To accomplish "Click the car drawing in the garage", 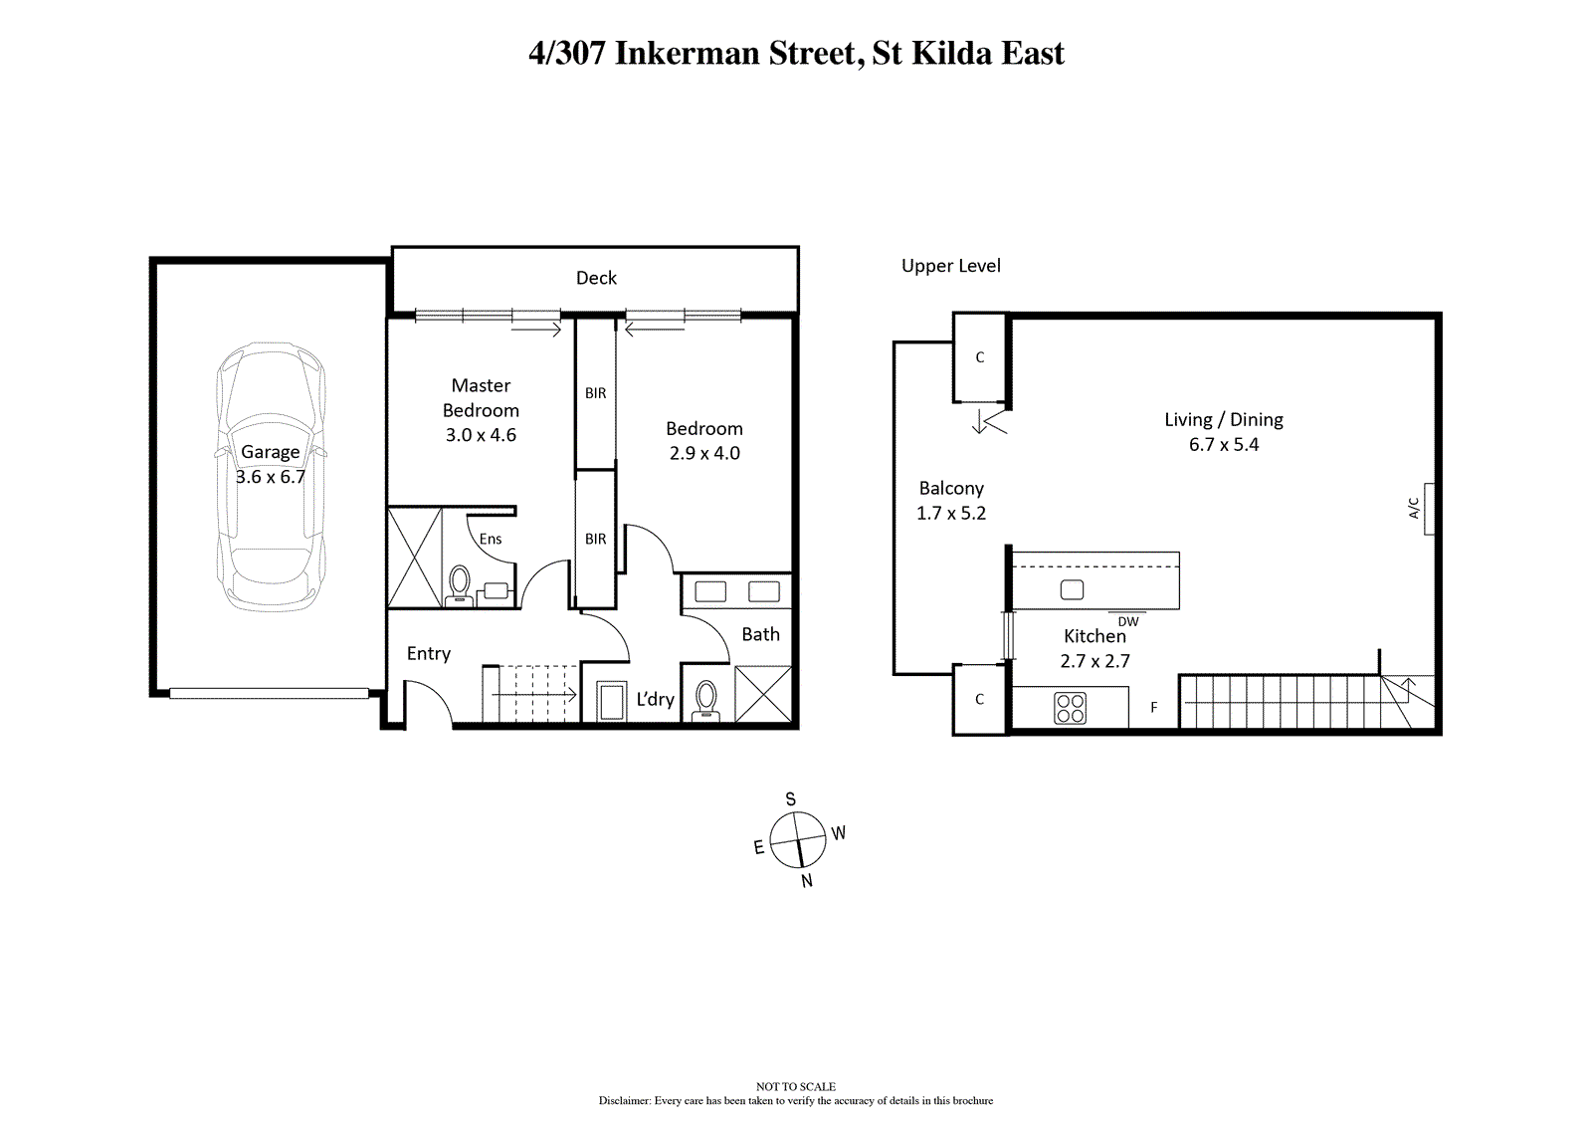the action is click(x=271, y=477).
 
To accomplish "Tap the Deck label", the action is click(x=596, y=278).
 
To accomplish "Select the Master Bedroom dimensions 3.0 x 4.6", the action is click(x=481, y=435).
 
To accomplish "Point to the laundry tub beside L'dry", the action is click(x=611, y=701).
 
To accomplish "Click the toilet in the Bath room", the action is click(x=705, y=701).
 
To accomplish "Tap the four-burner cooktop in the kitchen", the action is click(x=1070, y=708).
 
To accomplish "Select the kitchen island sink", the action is click(x=1072, y=589).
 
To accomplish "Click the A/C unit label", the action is click(x=1414, y=508).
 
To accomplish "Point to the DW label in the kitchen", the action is click(x=1128, y=621).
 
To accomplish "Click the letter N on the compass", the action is click(x=807, y=881).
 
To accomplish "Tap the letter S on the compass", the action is click(x=790, y=799).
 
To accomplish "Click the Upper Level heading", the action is click(x=951, y=266).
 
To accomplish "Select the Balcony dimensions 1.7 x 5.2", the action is click(x=951, y=513).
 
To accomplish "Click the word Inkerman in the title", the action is click(x=687, y=54).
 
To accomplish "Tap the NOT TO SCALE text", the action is click(x=796, y=1086).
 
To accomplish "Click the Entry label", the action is click(x=429, y=654).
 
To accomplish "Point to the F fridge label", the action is click(x=1154, y=707).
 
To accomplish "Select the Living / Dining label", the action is click(x=1224, y=420).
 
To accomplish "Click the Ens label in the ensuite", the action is click(x=491, y=540).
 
